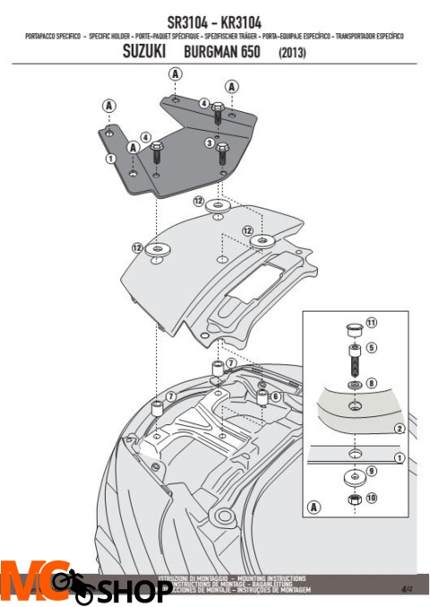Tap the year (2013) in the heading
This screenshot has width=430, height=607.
(291, 54)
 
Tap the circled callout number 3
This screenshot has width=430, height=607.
(209, 141)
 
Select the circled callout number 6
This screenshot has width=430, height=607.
(276, 396)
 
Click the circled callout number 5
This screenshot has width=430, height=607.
(372, 347)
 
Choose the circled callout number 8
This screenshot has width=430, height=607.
(372, 382)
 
